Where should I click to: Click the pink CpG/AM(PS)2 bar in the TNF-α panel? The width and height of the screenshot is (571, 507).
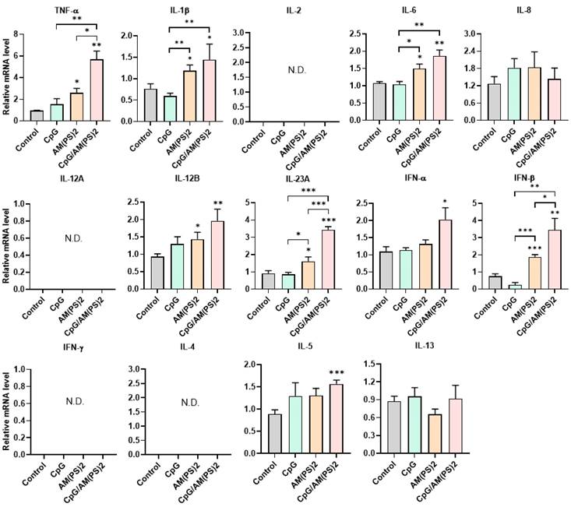click(x=97, y=90)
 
